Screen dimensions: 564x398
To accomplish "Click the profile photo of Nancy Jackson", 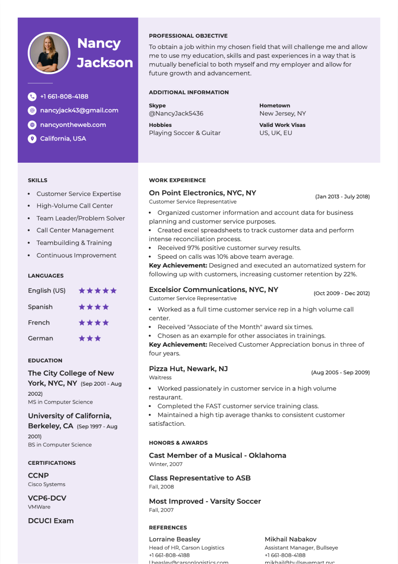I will [x=49, y=53].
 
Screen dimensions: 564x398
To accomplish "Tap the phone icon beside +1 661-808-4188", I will [x=32, y=96].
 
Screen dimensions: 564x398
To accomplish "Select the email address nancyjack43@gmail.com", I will [x=79, y=110].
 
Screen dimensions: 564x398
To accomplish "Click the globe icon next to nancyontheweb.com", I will [x=32, y=125].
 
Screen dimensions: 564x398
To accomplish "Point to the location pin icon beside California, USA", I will [x=32, y=139].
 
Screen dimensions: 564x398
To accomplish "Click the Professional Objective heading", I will [x=188, y=36].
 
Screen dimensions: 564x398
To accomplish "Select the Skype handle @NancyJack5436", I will [x=176, y=113].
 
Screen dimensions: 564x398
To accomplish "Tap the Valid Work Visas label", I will [x=282, y=125].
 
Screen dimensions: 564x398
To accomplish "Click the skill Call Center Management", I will [x=75, y=230].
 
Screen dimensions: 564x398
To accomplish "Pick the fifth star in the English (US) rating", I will [x=114, y=290].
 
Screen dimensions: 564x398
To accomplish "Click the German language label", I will [x=41, y=338].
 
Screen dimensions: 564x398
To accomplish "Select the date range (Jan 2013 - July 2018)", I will [x=342, y=196].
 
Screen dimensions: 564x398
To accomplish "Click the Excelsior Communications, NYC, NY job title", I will [x=213, y=290].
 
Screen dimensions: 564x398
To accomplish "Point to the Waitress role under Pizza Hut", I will [x=160, y=378].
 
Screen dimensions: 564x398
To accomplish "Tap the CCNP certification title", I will [x=39, y=475].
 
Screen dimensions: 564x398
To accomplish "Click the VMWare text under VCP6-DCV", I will [x=39, y=507].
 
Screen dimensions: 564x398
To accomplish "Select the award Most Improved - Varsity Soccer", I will [x=205, y=501].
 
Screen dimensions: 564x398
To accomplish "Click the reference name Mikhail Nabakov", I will [x=290, y=539].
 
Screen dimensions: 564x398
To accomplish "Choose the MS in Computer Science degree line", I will [x=60, y=402].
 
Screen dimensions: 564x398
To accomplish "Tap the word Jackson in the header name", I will [x=105, y=63].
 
